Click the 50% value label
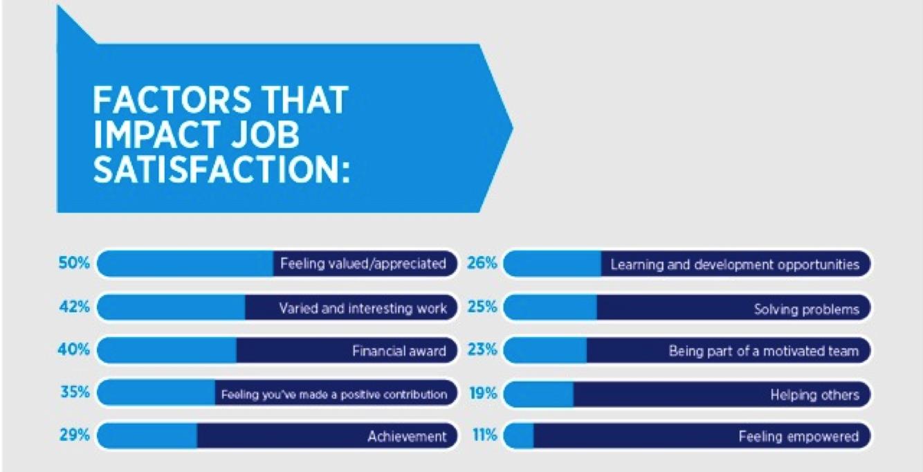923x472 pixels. click(74, 262)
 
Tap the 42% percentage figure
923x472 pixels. click(74, 307)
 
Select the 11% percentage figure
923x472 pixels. click(484, 435)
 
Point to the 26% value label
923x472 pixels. click(482, 262)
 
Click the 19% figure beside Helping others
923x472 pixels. click(484, 393)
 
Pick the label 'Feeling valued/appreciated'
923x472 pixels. click(363, 264)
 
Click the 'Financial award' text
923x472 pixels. click(399, 351)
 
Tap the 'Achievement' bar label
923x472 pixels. click(407, 436)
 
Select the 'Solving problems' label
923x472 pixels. click(806, 309)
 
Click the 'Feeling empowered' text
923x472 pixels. click(798, 436)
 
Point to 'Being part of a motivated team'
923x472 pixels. click(764, 351)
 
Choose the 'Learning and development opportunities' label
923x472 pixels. click(735, 264)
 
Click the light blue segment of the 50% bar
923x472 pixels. click(185, 264)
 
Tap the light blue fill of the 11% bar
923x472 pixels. click(518, 436)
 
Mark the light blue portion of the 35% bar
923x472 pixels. click(156, 393)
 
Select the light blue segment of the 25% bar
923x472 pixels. click(550, 307)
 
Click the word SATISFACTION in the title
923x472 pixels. click(221, 170)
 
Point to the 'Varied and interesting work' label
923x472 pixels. click(363, 308)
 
